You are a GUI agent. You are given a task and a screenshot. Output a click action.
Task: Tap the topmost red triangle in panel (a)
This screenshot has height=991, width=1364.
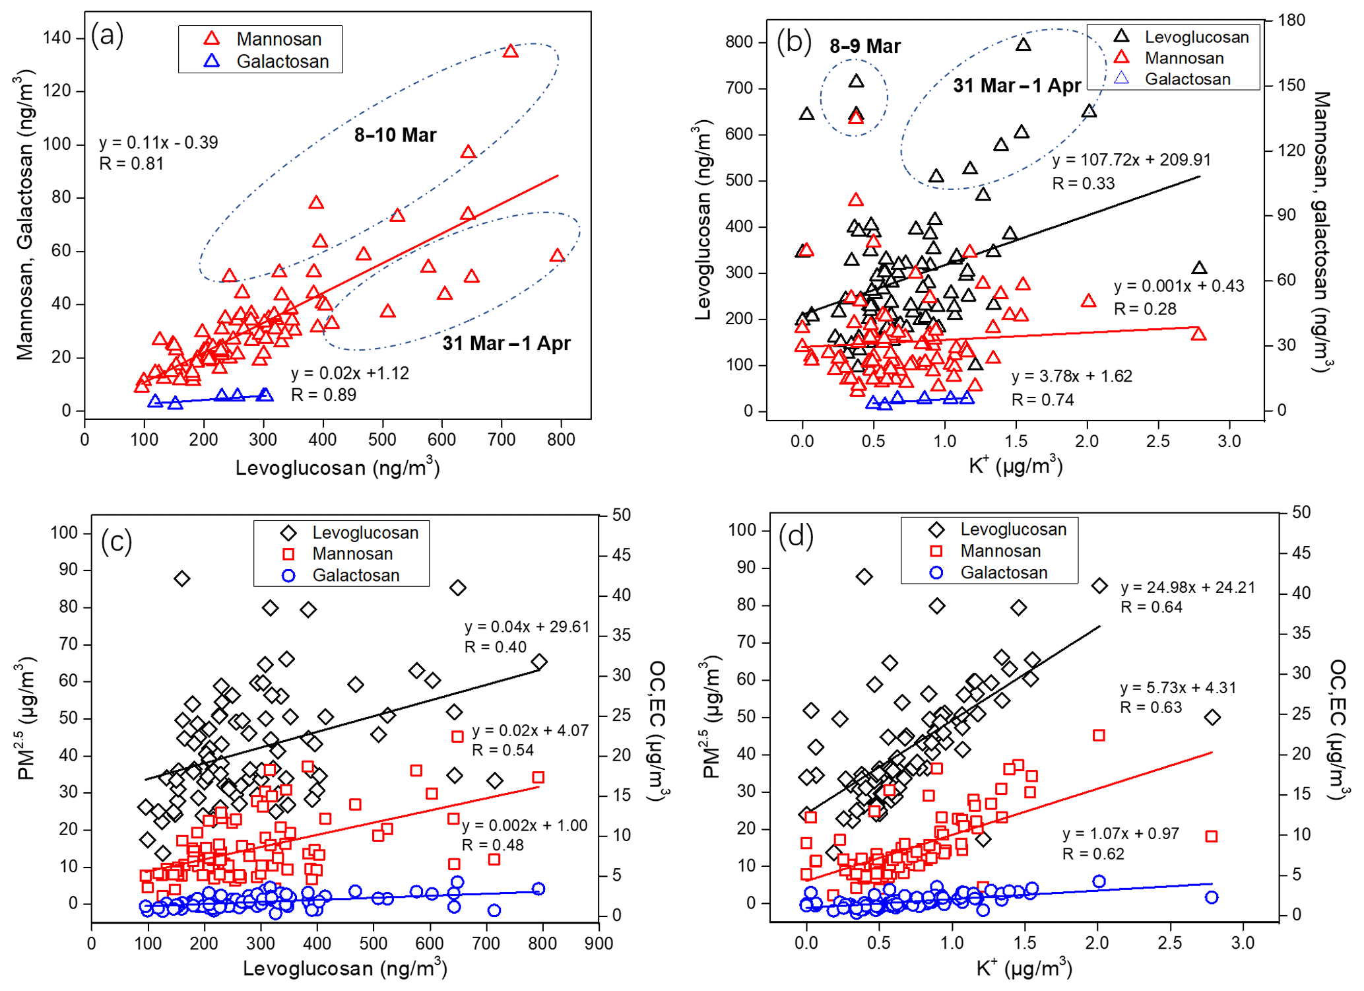tap(510, 51)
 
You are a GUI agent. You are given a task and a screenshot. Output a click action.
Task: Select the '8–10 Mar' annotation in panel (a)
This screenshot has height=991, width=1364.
tap(395, 135)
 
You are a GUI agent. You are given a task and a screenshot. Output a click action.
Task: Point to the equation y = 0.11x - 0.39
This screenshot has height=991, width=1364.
tap(158, 143)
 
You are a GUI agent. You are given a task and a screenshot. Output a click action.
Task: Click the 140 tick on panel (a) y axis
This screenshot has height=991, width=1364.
tap(57, 38)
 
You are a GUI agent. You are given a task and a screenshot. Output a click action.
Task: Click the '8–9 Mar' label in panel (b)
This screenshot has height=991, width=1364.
tap(864, 46)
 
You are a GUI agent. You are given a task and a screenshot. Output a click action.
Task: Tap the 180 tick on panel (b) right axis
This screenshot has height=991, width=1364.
tap(1291, 20)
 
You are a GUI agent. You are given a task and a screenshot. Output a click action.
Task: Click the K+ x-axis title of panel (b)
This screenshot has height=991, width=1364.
tap(1015, 465)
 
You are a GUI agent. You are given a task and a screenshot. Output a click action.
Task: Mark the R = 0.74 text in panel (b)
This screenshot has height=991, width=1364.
tap(1043, 399)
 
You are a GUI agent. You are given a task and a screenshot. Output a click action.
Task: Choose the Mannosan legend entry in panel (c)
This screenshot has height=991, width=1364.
tap(352, 554)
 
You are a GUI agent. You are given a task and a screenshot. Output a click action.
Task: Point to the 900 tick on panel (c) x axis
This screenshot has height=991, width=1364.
tap(599, 943)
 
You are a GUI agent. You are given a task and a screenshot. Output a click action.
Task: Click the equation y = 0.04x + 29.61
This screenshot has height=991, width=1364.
tap(527, 627)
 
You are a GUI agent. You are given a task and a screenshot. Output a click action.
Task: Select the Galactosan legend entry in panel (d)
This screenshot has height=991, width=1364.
tap(1003, 572)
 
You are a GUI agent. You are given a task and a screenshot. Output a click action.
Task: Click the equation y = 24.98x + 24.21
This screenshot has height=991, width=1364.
tap(1187, 587)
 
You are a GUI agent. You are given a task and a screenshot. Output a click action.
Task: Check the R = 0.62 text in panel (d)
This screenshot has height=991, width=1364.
tap(1092, 854)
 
